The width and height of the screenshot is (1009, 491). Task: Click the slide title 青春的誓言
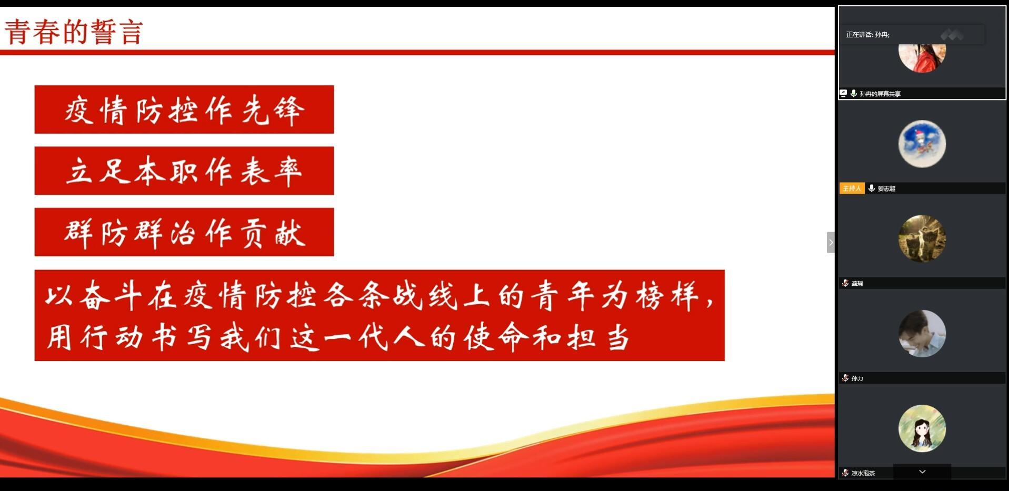74,32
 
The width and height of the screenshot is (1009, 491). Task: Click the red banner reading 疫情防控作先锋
184,109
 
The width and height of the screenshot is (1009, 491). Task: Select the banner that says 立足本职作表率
184,171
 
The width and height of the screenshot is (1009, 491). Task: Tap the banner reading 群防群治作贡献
184,232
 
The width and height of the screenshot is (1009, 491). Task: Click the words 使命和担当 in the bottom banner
546,337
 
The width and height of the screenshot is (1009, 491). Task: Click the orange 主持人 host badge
852,188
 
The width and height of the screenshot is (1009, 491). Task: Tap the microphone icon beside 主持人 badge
872,188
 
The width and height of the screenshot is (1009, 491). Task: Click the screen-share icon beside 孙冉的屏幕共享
843,93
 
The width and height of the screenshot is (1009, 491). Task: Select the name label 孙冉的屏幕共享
880,94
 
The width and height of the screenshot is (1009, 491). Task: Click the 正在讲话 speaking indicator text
867,35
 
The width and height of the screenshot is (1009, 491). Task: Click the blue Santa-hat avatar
922,144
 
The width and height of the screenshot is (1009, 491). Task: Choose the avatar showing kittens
922,238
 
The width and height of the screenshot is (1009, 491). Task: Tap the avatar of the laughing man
922,334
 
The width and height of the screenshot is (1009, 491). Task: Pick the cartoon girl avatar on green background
922,428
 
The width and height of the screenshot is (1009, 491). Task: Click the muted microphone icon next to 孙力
845,378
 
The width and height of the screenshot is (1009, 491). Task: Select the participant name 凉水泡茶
863,473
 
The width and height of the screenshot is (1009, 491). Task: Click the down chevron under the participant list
922,472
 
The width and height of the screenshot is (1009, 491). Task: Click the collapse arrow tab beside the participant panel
831,243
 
